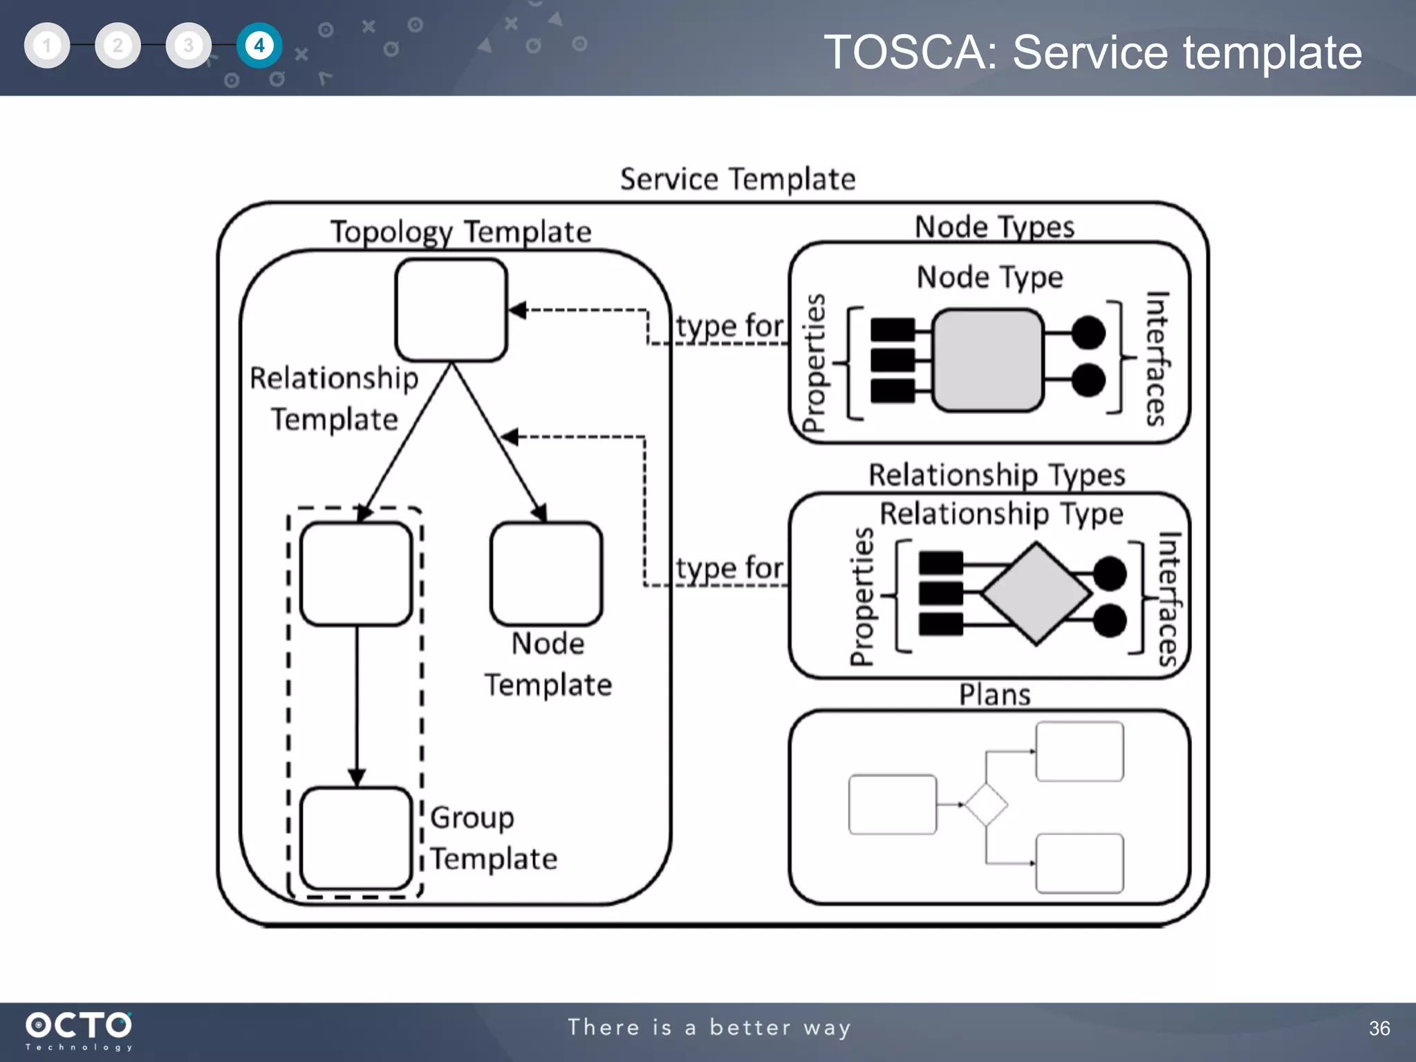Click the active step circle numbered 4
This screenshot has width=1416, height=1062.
coord(259,46)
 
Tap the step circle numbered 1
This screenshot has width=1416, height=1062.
coord(47,46)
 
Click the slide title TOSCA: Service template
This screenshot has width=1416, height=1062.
coord(1092,53)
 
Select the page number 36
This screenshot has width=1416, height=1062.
coord(1379,1028)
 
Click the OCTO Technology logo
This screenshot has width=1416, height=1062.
coord(79,1030)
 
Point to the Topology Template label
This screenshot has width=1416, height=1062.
coord(460,232)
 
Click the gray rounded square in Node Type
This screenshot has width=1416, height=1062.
coord(987,360)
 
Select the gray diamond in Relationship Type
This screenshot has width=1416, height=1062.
coord(1036,594)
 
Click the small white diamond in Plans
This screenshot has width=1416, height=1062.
coord(986,805)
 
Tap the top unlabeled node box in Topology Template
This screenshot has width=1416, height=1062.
coord(451,310)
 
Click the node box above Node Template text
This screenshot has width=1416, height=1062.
coord(546,574)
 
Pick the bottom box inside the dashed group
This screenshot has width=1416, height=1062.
coord(356,838)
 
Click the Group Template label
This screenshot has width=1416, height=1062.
coord(492,838)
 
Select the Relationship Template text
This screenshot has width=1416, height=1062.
coord(334,398)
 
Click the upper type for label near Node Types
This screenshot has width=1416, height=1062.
coord(729,326)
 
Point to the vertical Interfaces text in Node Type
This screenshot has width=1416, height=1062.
coord(1156,358)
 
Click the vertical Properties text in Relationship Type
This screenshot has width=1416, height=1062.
coord(861,596)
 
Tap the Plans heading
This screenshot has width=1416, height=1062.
coord(994,695)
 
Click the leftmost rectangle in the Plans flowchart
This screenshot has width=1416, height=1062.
coord(892,805)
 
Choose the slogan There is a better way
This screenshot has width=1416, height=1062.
coord(709,1027)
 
